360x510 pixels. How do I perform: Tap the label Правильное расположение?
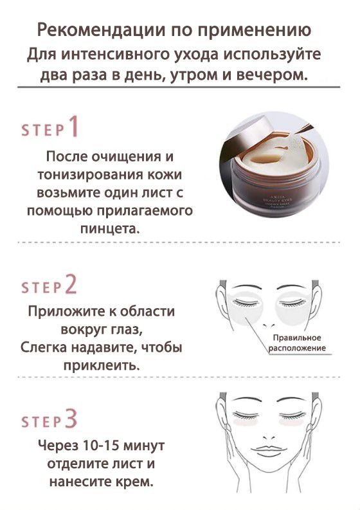point(296,343)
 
